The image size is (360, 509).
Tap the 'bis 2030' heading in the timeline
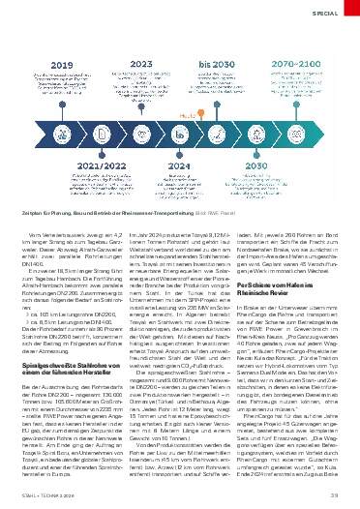point(222,65)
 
